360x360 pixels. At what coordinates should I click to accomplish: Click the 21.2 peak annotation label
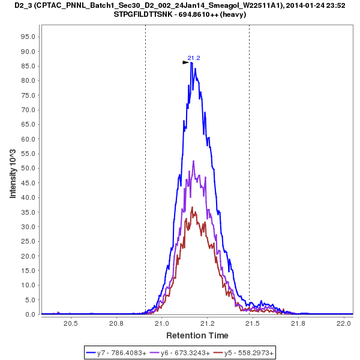tap(194, 58)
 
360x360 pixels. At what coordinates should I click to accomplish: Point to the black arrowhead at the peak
tap(186, 62)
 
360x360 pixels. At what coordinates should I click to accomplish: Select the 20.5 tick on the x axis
tap(71, 324)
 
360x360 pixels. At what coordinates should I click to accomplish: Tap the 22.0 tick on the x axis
tap(344, 324)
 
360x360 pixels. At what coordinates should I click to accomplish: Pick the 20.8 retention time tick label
tap(116, 324)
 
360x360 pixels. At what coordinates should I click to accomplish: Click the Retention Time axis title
tap(197, 335)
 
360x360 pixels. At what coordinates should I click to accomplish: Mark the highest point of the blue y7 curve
tap(191, 62)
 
